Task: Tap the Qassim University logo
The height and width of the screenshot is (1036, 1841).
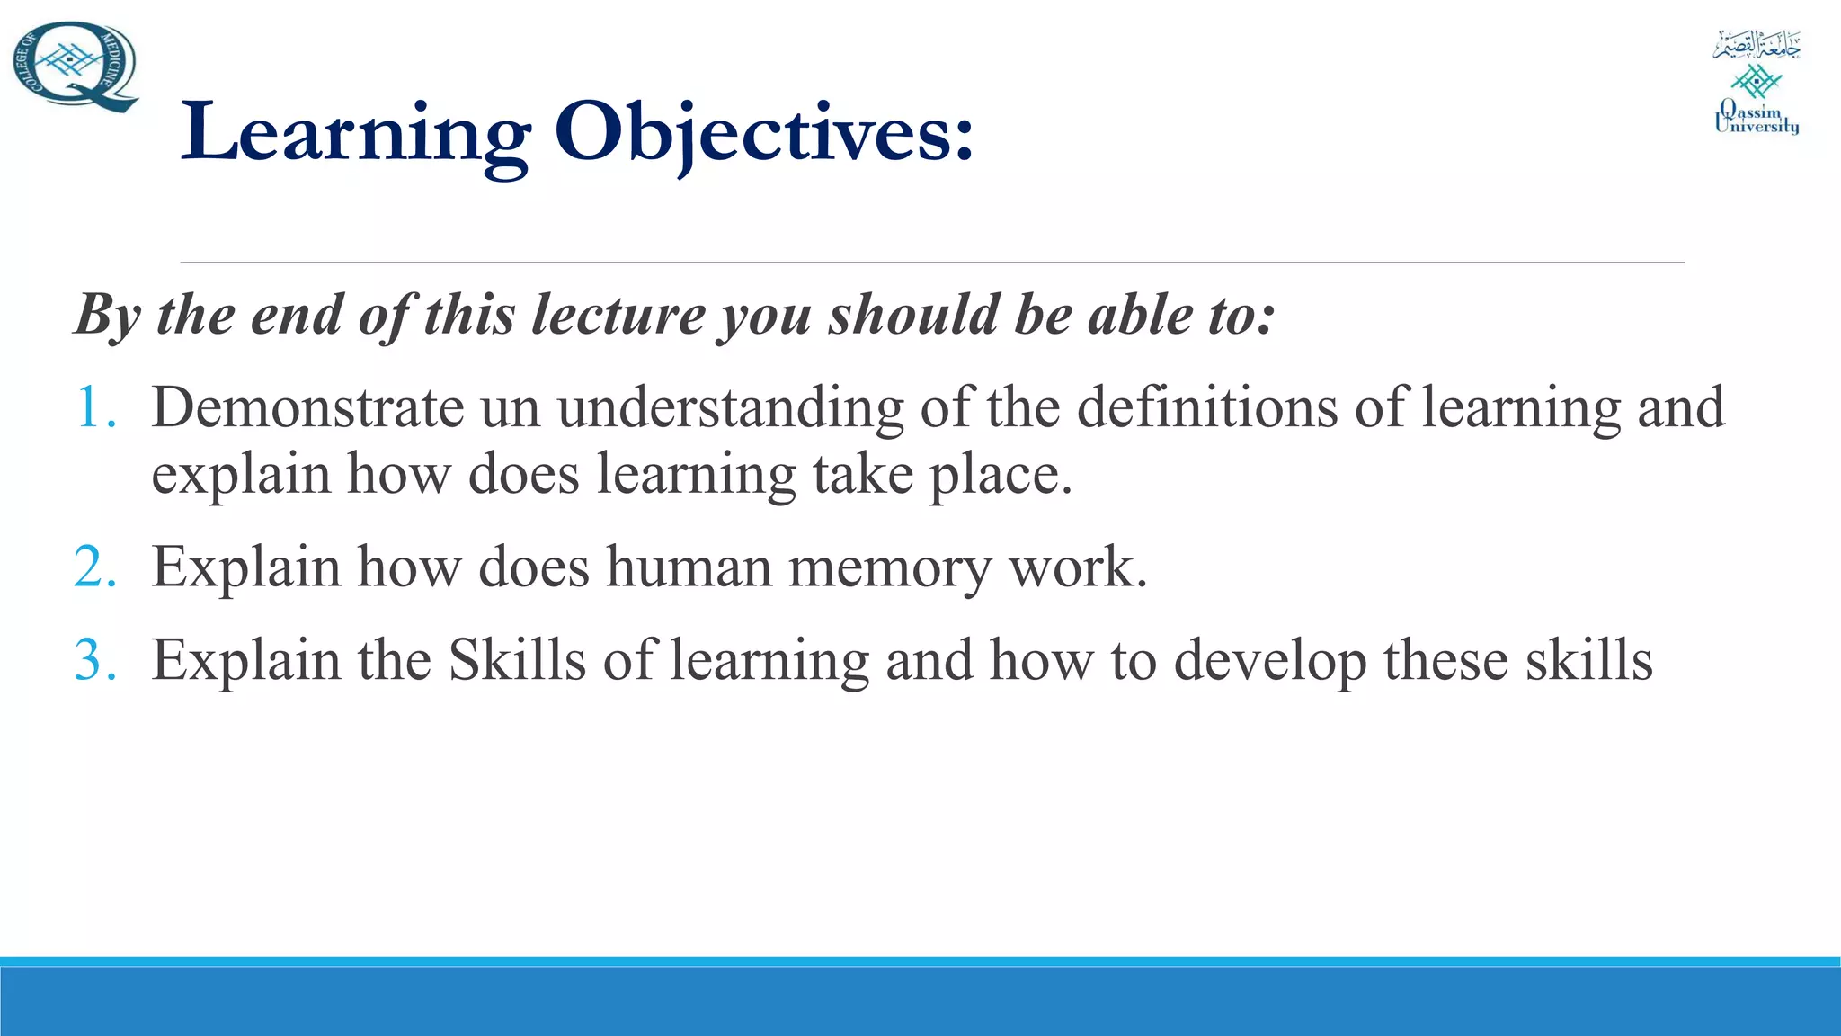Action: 1756,83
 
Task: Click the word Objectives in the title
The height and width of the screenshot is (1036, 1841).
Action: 763,133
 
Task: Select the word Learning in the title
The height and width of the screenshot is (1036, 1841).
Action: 355,133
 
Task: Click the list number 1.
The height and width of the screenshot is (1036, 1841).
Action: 95,407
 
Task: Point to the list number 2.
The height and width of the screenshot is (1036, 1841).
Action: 95,567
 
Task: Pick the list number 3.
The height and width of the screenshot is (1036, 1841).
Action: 95,660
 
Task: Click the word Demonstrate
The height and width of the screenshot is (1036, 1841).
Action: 307,407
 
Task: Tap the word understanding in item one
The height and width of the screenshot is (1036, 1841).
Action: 729,407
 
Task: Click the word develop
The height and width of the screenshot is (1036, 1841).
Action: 1270,660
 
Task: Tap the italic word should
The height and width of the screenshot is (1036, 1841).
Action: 912,316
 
